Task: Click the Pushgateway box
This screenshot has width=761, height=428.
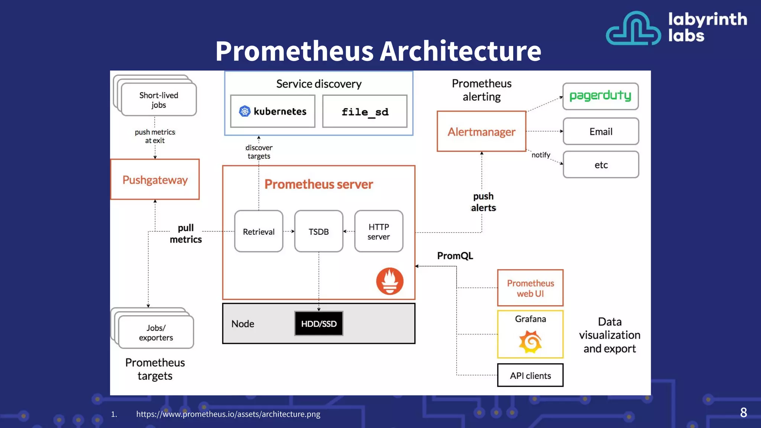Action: point(155,179)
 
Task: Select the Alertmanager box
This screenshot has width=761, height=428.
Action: point(481,132)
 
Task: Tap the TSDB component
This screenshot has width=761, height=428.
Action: point(318,231)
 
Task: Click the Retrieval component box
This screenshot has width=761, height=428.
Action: point(259,231)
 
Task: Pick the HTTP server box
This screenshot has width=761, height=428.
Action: point(379,231)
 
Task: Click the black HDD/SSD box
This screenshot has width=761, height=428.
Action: point(318,324)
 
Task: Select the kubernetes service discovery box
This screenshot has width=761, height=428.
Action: point(273,111)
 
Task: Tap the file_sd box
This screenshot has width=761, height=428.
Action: point(365,111)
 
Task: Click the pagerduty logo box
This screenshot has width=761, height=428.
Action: point(600,96)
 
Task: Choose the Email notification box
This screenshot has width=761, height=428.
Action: point(601,132)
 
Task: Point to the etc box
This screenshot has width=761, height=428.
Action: point(601,165)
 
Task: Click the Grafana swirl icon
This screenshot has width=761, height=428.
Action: point(530,342)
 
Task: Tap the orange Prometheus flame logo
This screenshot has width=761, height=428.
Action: point(389,281)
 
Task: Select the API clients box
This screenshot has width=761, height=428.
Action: point(530,376)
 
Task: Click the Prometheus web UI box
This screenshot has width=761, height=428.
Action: point(530,288)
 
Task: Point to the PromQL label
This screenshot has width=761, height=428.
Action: point(455,256)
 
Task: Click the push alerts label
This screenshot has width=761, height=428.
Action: point(483,202)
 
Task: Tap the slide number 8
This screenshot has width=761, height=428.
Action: point(743,412)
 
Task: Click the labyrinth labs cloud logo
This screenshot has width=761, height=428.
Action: point(633,29)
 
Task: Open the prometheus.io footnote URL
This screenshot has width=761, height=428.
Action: point(228,414)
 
